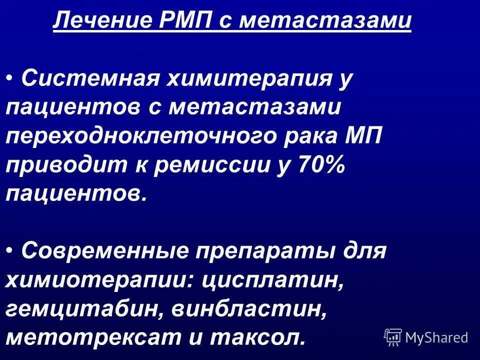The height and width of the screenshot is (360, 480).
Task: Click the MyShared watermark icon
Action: click(393, 336)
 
